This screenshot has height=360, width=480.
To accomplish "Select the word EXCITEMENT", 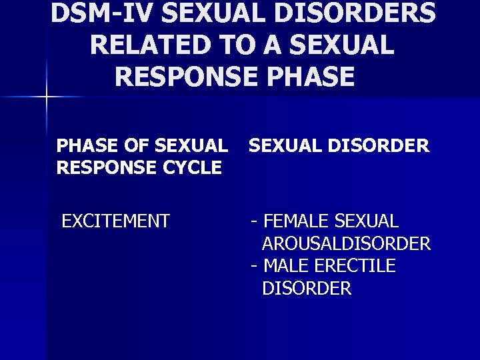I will click(115, 221).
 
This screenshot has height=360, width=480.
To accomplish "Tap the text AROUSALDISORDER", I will click(346, 243).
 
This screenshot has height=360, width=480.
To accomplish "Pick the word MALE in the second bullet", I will click(285, 266).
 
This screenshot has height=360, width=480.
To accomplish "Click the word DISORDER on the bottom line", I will click(307, 289).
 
